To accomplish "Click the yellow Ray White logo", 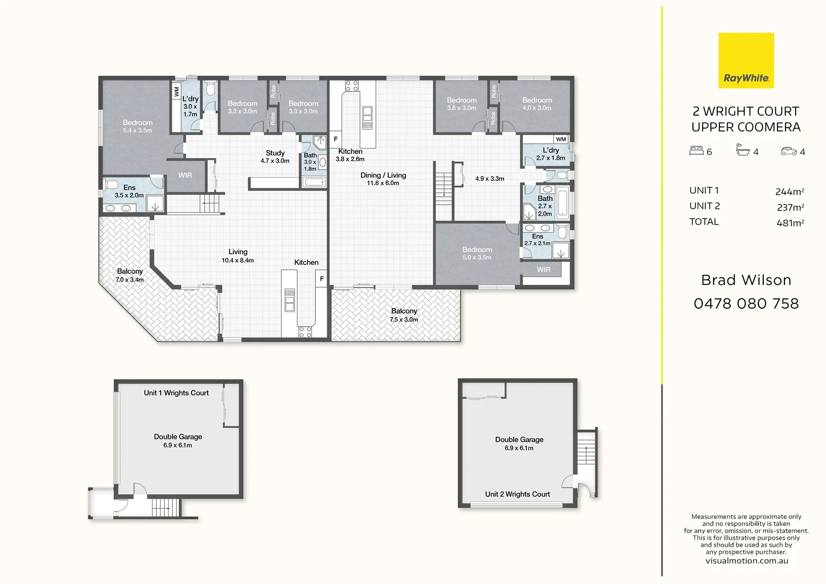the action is pos(746,61).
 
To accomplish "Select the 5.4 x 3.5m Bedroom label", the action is pos(137,126).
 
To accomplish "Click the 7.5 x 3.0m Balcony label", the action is pos(404,315).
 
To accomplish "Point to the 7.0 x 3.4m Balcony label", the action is pos(130,275).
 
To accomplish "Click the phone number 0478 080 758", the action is pos(746,303).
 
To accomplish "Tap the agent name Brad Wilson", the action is pos(746,281).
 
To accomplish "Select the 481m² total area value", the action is pos(790,223).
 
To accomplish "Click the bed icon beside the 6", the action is pos(696,150).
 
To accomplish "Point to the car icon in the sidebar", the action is pos(788,151).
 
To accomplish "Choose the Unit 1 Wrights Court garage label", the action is pos(176,393).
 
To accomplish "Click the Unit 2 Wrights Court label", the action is pos(517,494).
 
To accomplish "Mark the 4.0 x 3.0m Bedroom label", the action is pos(537,104).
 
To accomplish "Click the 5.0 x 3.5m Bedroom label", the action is pos(477,253).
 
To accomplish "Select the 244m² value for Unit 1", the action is pos(789,192).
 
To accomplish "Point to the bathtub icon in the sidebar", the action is pos(743,150).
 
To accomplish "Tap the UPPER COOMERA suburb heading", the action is pos(746,127).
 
